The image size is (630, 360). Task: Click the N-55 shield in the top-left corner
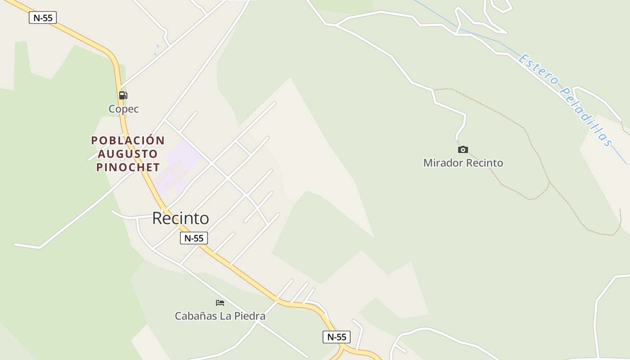43,18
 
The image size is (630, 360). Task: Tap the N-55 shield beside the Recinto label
194,238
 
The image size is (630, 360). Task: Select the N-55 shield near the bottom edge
337,337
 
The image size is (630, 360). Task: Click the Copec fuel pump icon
123,95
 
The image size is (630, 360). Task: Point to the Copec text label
124,109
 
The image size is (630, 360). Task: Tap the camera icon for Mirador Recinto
463,149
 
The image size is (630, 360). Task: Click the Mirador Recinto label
463,163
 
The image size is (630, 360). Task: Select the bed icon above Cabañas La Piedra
220,303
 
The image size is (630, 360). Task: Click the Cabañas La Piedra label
220,316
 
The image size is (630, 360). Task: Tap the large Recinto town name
180,218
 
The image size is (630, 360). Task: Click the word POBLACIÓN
128,140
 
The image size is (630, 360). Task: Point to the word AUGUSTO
128,154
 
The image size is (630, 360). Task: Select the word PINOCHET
128,167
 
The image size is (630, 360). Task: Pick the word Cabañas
195,316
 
